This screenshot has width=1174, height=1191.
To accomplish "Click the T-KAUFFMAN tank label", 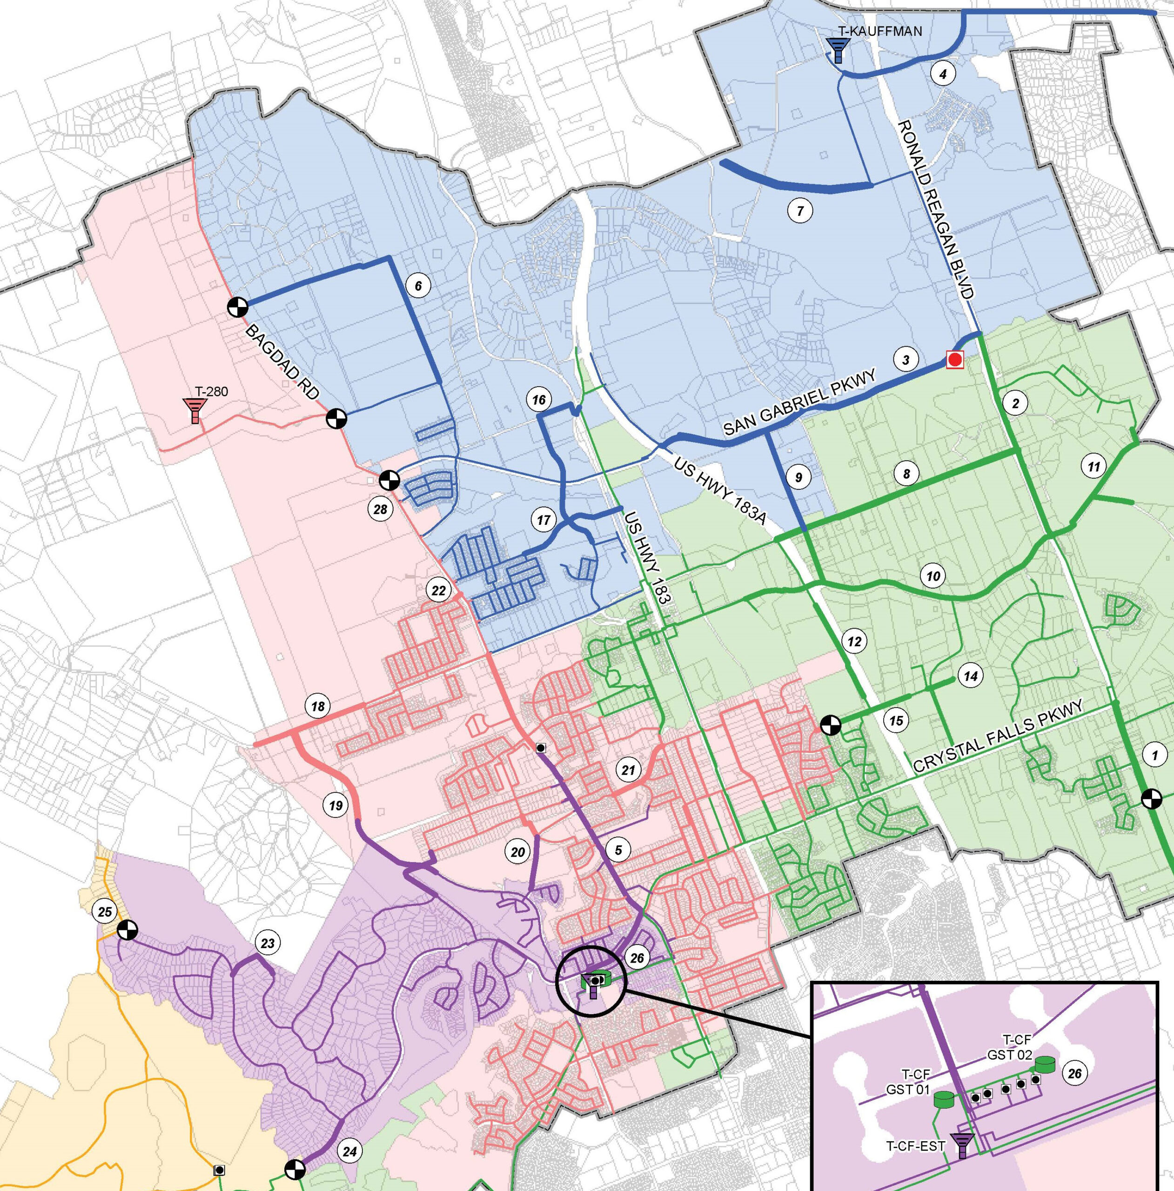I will click(x=880, y=31).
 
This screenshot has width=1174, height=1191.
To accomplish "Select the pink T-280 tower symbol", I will click(x=195, y=409).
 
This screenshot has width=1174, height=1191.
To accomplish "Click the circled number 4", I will click(x=943, y=74).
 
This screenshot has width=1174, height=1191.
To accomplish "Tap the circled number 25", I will click(x=105, y=911).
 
